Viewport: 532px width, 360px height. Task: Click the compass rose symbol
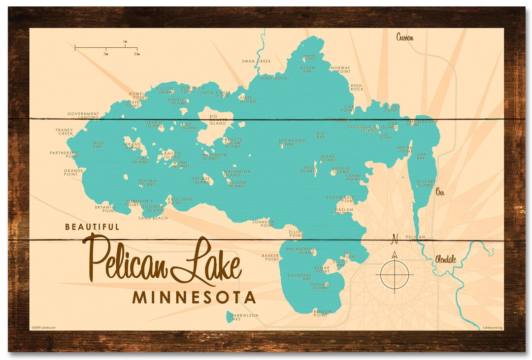[394, 273]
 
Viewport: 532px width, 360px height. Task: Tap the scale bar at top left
[106, 48]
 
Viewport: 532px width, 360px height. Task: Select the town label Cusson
[405, 37]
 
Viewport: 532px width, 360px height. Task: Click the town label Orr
[440, 193]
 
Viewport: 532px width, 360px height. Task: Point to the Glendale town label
[445, 259]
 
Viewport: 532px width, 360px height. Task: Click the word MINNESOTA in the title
[194, 297]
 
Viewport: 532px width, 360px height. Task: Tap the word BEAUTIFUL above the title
[92, 227]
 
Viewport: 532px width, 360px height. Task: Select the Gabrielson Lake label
[243, 317]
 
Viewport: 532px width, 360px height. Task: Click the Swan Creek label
[256, 61]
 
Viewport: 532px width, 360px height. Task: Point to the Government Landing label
[83, 115]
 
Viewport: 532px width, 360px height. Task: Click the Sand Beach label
[153, 218]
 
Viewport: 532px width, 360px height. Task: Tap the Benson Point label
[320, 313]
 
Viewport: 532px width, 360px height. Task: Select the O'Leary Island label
[426, 183]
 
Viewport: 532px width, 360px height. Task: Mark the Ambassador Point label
[422, 123]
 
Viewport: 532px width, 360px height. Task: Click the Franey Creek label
[64, 131]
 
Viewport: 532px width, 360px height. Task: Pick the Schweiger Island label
[292, 142]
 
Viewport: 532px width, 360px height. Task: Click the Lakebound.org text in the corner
[492, 327]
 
